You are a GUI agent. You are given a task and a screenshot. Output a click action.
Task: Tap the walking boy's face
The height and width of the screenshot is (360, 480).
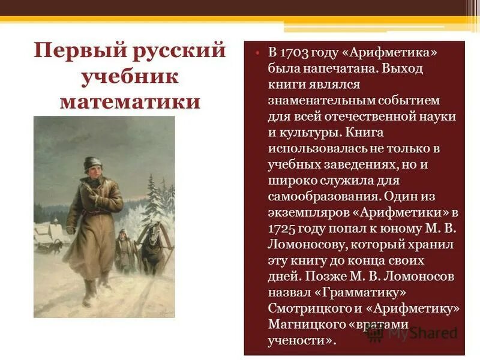point(92,176)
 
